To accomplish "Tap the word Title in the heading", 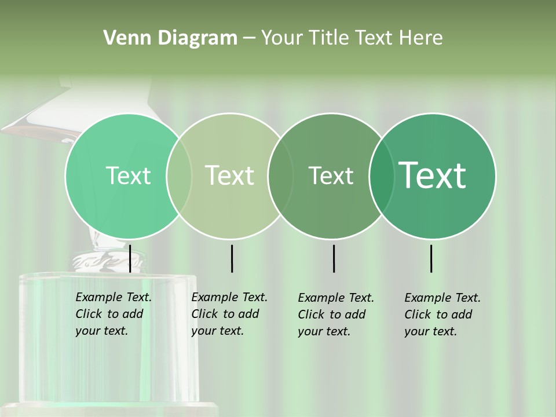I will (x=328, y=38).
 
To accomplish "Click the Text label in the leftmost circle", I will (x=128, y=175).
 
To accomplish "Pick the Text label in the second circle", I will (x=230, y=175).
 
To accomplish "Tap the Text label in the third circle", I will (x=331, y=175).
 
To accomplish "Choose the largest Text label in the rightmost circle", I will (x=433, y=175).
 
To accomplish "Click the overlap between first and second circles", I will (x=179, y=175).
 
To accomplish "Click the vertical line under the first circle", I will (x=130, y=258).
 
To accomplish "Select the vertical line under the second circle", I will (x=232, y=258).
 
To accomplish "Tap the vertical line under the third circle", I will (x=334, y=258).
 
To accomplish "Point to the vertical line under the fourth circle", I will (x=431, y=258).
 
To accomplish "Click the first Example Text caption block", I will (x=113, y=314).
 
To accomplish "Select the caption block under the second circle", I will (x=229, y=314).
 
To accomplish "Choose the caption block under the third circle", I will (x=335, y=314).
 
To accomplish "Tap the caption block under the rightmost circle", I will (x=442, y=314).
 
